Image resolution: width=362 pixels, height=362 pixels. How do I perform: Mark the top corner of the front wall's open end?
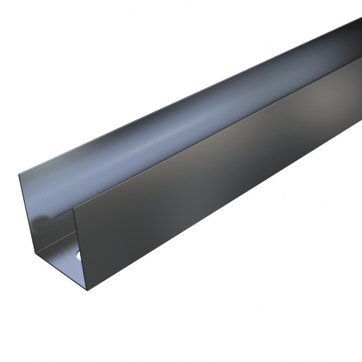click(74, 211)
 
